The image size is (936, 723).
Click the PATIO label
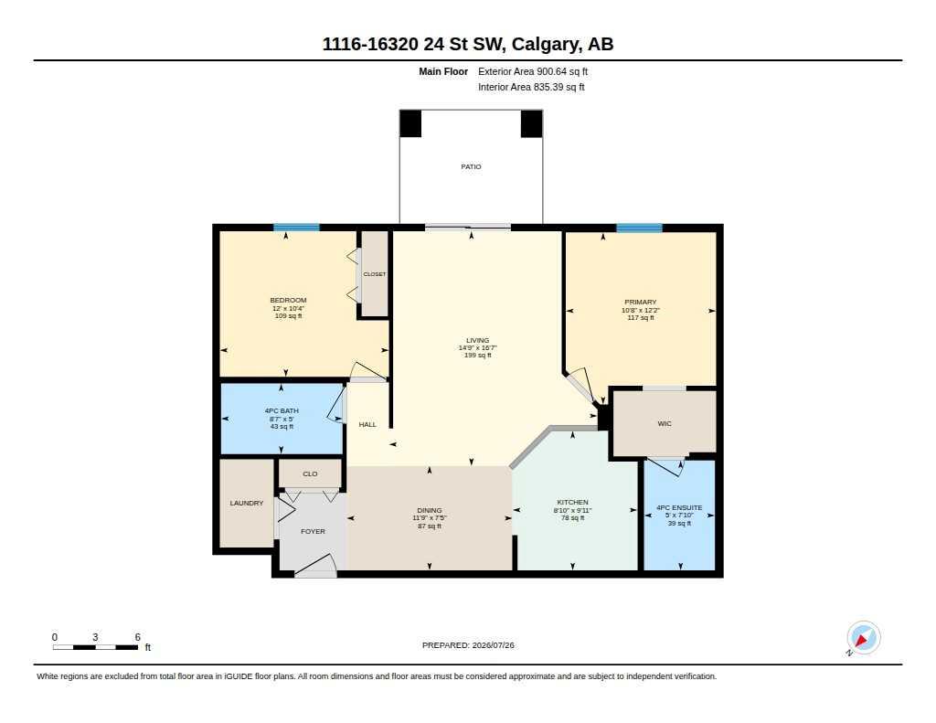coord(471,166)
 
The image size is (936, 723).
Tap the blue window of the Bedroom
coord(297,228)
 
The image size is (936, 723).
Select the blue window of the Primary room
coord(639,228)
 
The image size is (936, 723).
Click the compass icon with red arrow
coord(863,638)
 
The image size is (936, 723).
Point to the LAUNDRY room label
coord(247,504)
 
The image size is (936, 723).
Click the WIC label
coord(665,423)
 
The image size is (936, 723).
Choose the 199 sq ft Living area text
coord(477,356)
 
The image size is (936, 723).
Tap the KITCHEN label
coord(572,502)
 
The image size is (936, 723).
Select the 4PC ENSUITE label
coord(679,507)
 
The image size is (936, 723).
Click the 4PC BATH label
coord(282,410)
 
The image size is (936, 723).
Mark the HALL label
coord(367,424)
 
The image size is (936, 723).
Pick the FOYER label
coord(313,531)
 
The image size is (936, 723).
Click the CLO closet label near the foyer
coord(311,474)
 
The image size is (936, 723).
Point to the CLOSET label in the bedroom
coord(374,274)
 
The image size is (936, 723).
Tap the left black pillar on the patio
coord(410,123)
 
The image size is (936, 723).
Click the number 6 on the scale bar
coord(137,637)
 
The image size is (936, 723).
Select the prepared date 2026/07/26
coord(493,645)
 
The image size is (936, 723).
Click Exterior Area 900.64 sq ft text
coord(533,71)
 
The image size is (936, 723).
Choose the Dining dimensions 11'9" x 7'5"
coord(430,518)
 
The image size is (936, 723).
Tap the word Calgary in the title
coord(546,44)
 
